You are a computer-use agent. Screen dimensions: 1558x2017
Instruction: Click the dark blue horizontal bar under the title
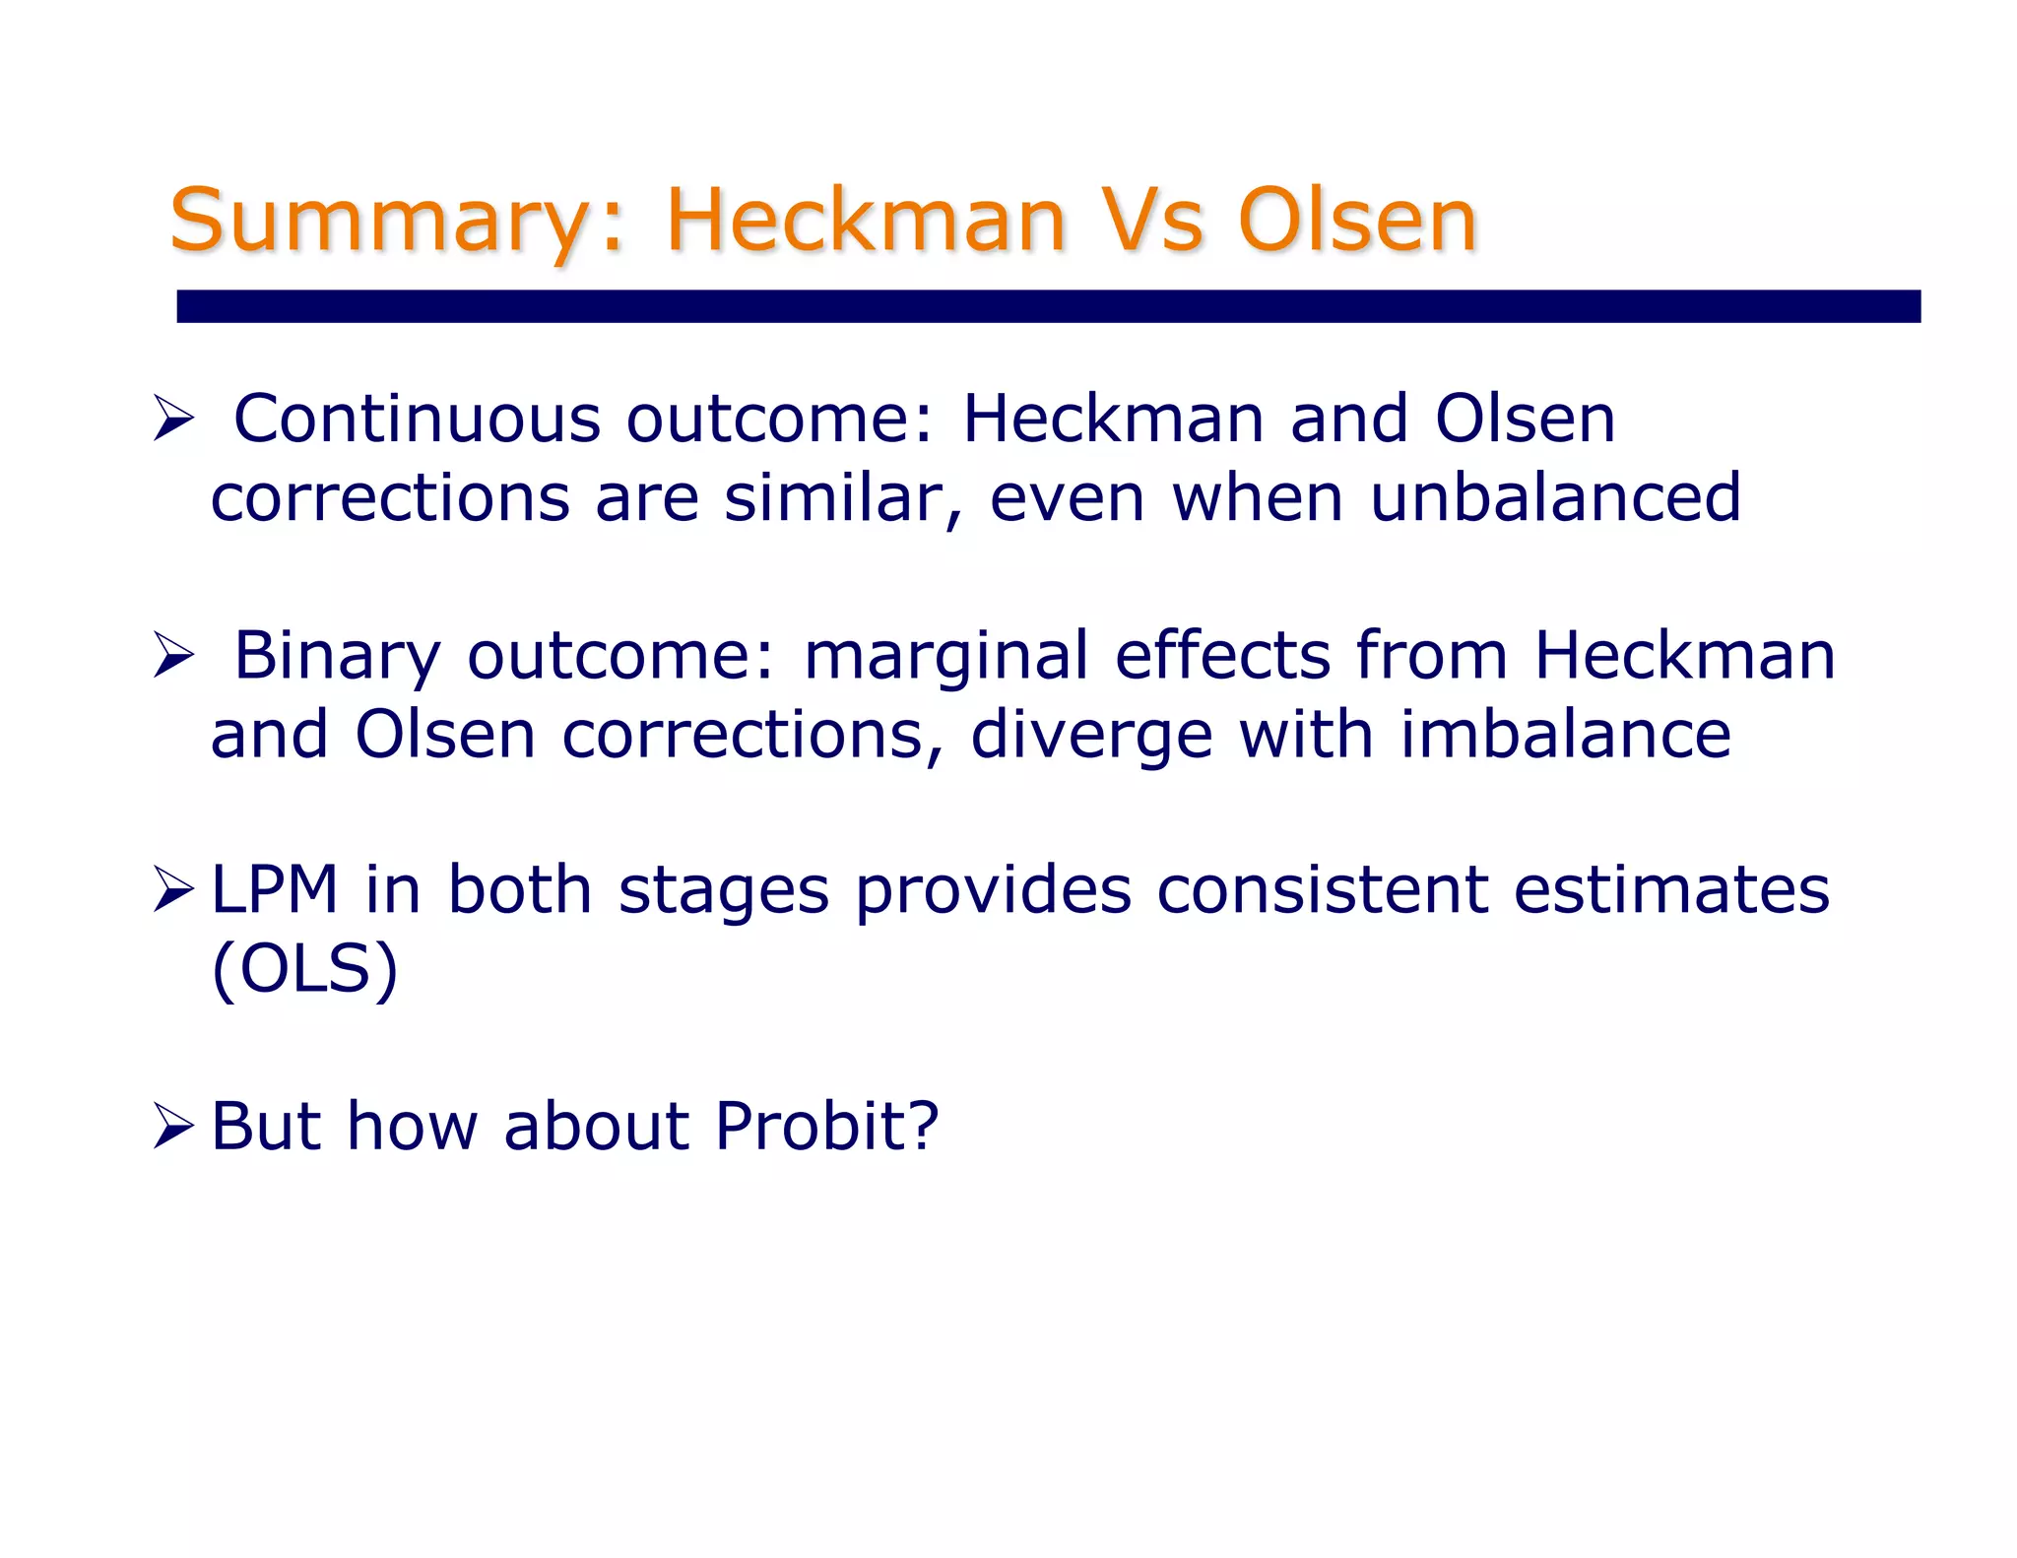point(1048,306)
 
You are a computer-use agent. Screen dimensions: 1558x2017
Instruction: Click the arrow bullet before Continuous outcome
point(174,419)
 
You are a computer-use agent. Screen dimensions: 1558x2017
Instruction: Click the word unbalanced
point(1555,497)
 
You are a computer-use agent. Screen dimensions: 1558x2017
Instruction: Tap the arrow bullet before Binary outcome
point(174,656)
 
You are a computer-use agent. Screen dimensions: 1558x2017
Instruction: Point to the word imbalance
point(1565,735)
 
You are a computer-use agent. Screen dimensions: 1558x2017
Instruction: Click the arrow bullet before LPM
point(174,890)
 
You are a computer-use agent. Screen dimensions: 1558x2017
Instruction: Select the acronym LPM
point(275,890)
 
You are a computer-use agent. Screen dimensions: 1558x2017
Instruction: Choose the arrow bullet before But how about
point(174,1126)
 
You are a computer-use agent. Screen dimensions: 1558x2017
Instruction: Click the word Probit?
point(826,1126)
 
